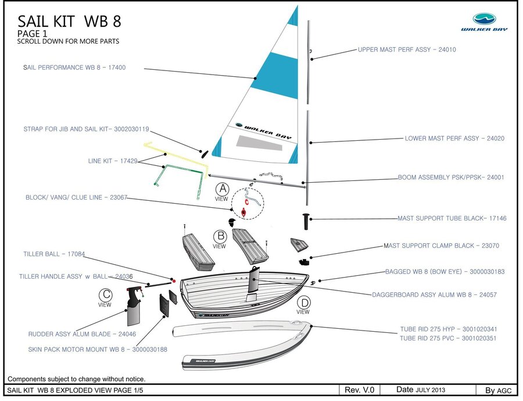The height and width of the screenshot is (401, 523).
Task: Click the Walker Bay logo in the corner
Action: pyautogui.click(x=483, y=22)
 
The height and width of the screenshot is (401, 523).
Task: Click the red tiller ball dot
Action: pyautogui.click(x=173, y=280)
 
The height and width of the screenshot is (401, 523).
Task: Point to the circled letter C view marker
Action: pyautogui.click(x=105, y=294)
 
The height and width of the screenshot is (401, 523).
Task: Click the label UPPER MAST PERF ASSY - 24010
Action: pyautogui.click(x=407, y=50)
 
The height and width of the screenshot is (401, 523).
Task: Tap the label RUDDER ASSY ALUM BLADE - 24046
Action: pyautogui.click(x=82, y=335)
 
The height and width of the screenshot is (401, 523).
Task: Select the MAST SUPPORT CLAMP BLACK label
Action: pyautogui.click(x=441, y=246)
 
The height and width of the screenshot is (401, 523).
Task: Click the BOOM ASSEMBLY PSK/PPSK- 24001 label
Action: pyautogui.click(x=451, y=178)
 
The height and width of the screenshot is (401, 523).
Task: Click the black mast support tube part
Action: pyautogui.click(x=306, y=221)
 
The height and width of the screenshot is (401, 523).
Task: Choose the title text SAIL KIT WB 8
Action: pyautogui.click(x=69, y=22)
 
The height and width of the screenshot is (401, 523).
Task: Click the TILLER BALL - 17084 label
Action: pyautogui.click(x=54, y=254)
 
